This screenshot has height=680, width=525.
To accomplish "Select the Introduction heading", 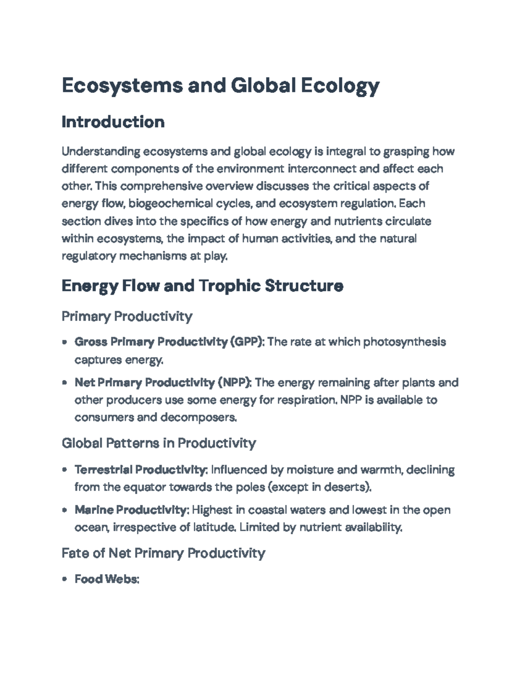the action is [113, 122].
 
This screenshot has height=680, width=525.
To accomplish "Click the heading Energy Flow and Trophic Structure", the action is [202, 286].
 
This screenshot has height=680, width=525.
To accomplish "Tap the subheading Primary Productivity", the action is [127, 316].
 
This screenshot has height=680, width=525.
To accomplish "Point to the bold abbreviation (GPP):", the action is [247, 342].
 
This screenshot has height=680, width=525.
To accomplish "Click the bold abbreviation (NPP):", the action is [234, 383].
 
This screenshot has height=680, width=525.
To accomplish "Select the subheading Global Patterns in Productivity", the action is [159, 443].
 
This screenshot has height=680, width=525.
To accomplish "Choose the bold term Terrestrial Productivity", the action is [140, 470].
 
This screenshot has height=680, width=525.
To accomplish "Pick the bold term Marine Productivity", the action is [131, 510].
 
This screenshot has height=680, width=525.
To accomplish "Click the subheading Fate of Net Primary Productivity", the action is [164, 553].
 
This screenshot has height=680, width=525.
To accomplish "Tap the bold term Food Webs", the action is [106, 579].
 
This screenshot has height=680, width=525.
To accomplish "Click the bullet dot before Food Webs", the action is [65, 579].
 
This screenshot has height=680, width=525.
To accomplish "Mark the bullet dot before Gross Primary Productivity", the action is [65, 342].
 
